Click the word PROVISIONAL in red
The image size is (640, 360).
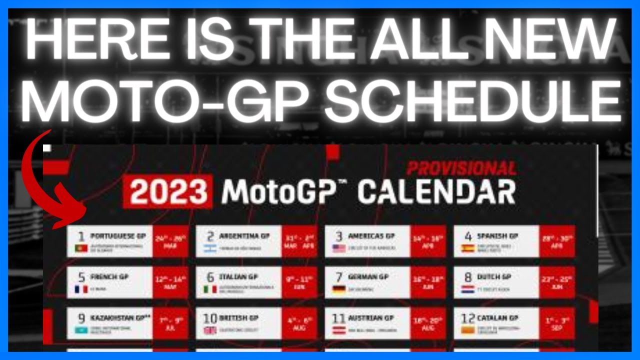[461, 168]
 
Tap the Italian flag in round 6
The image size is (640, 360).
[210, 289]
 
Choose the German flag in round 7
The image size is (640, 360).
[339, 289]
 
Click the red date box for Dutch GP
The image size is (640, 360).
[557, 282]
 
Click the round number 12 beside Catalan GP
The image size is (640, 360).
[467, 318]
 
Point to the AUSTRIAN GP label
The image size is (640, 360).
[370, 317]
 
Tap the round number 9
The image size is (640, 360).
[81, 318]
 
